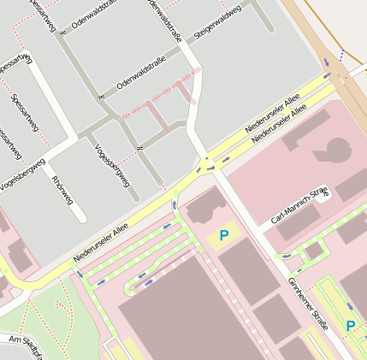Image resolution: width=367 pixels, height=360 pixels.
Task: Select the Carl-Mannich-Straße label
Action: [299, 208]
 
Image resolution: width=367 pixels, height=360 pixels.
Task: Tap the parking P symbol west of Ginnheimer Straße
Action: [224, 235]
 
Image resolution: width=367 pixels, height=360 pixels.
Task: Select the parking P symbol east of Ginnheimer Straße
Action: [350, 326]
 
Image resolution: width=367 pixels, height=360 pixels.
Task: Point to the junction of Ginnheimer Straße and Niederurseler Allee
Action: [206, 162]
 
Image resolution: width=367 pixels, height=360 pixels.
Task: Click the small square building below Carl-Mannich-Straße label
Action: [314, 251]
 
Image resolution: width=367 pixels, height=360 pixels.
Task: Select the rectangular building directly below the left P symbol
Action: [248, 271]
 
